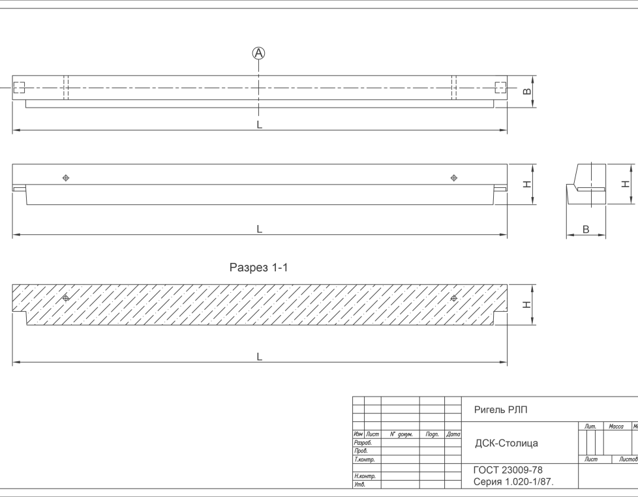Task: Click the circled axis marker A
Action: (259, 53)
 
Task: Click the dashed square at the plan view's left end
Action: (19, 87)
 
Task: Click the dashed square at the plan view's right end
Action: (500, 87)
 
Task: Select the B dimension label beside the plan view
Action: (526, 91)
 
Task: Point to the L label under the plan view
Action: (260, 125)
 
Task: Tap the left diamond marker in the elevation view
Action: (65, 177)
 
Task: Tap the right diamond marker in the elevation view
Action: (454, 177)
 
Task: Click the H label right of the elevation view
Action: (526, 185)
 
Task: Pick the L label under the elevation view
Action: (260, 229)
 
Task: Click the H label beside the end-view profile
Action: (624, 184)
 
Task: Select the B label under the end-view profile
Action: (585, 230)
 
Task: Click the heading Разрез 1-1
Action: (258, 268)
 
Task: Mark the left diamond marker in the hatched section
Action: (65, 297)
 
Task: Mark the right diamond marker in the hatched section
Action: (454, 297)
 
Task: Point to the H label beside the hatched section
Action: (526, 305)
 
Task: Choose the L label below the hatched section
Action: (260, 357)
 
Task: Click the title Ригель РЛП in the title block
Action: (500, 410)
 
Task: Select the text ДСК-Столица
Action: (506, 444)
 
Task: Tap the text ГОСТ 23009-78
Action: (508, 470)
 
